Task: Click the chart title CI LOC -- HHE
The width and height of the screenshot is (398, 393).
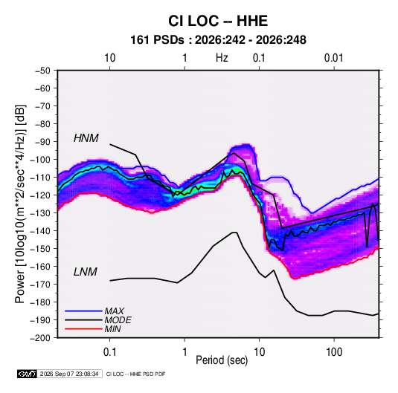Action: pos(218,21)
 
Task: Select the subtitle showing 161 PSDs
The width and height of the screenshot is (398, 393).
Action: pos(218,40)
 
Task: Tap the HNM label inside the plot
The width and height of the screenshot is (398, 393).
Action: pos(86,138)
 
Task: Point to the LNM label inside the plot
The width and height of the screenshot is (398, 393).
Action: pos(86,272)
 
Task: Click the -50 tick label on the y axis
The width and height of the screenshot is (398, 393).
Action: pos(43,71)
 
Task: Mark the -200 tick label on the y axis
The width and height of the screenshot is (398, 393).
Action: pos(41,338)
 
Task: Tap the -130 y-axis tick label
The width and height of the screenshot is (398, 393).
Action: pos(41,213)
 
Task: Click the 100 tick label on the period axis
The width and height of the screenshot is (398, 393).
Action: pos(334,352)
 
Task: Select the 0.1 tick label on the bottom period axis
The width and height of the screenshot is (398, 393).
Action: pos(109,352)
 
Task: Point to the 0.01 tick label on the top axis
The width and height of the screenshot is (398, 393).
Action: pos(333,58)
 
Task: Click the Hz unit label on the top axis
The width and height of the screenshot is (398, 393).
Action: pos(222,58)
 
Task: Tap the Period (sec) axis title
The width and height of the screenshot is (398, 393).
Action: pos(222,360)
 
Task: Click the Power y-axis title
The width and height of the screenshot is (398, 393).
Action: pos(21,204)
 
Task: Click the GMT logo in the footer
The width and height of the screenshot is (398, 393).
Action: pos(28,374)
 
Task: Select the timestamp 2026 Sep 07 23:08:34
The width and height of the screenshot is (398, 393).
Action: pos(69,374)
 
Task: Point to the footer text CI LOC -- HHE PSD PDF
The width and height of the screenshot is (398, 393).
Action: pos(136,374)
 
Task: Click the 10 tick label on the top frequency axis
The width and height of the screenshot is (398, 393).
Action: pos(110,58)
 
